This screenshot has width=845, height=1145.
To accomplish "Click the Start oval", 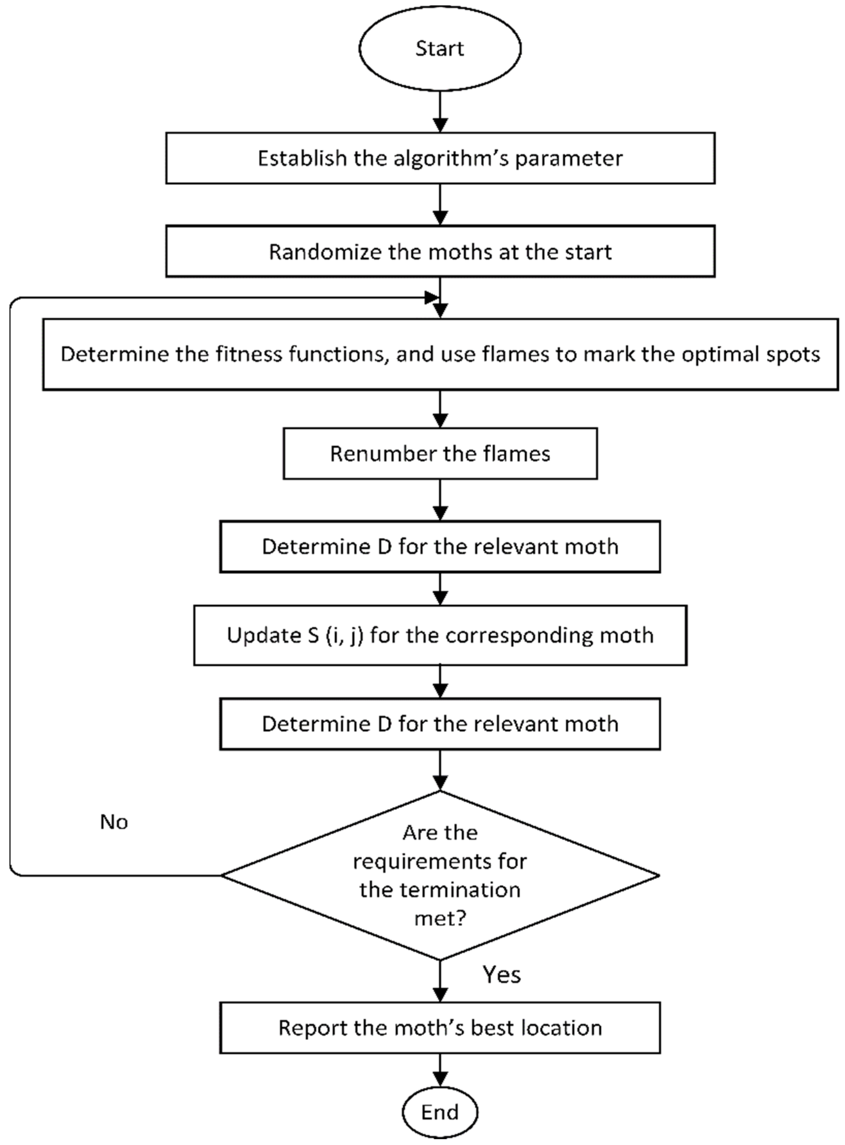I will (x=440, y=49).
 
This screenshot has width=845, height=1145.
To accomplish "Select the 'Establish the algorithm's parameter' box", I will (x=440, y=158).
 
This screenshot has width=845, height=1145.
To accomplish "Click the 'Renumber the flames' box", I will (x=440, y=453).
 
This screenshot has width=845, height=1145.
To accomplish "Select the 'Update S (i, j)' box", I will (x=440, y=635).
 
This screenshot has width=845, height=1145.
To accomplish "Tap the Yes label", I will (x=502, y=975).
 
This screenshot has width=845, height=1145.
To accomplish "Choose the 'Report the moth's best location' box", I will (x=440, y=1028).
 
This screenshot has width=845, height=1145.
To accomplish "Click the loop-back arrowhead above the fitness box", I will (x=432, y=297).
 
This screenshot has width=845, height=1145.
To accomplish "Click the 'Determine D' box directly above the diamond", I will (x=440, y=724).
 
